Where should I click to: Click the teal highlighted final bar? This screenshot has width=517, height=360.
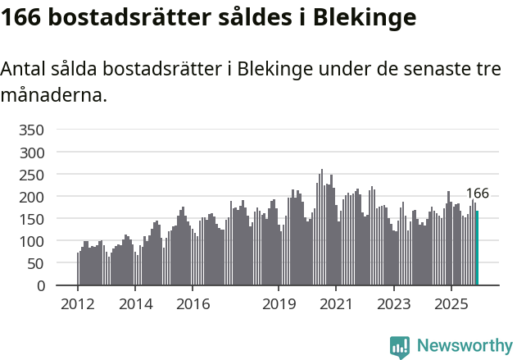[x=477, y=248]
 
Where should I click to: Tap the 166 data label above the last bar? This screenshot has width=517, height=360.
[x=477, y=194]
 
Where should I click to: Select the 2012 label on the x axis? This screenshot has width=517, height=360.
[x=78, y=303]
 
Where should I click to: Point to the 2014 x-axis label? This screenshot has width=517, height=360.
[x=135, y=303]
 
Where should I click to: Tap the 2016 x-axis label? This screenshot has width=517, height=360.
[x=193, y=303]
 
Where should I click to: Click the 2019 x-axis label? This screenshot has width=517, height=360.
[x=279, y=303]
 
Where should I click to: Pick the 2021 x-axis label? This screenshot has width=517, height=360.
[x=336, y=303]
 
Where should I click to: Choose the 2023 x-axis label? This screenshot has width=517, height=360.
[x=393, y=303]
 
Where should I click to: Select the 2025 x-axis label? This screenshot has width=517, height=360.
[x=451, y=303]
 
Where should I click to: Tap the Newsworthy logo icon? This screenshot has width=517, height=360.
[x=400, y=347]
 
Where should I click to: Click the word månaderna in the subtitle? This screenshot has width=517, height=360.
[x=54, y=95]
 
